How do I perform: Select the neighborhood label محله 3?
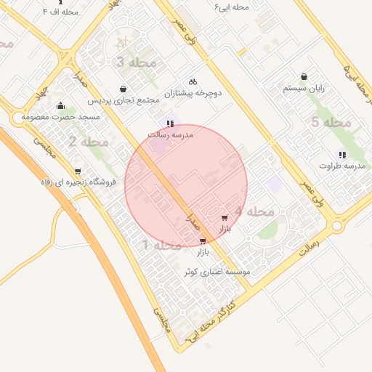pyautogui.click(x=136, y=62)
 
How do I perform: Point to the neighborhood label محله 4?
pyautogui.click(x=254, y=212)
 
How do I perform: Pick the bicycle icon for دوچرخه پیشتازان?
pyautogui.click(x=193, y=81)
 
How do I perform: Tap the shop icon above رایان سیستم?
pyautogui.click(x=304, y=76)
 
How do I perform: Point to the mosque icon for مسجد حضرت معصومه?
pyautogui.click(x=60, y=106)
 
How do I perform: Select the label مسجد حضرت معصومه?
pyautogui.click(x=54, y=117)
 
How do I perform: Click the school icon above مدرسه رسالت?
pyautogui.click(x=170, y=124)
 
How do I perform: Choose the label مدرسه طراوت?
pyautogui.click(x=341, y=166)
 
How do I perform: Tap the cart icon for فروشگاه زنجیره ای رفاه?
pyautogui.click(x=78, y=171)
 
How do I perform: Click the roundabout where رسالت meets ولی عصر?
pyautogui.click(x=336, y=226)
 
